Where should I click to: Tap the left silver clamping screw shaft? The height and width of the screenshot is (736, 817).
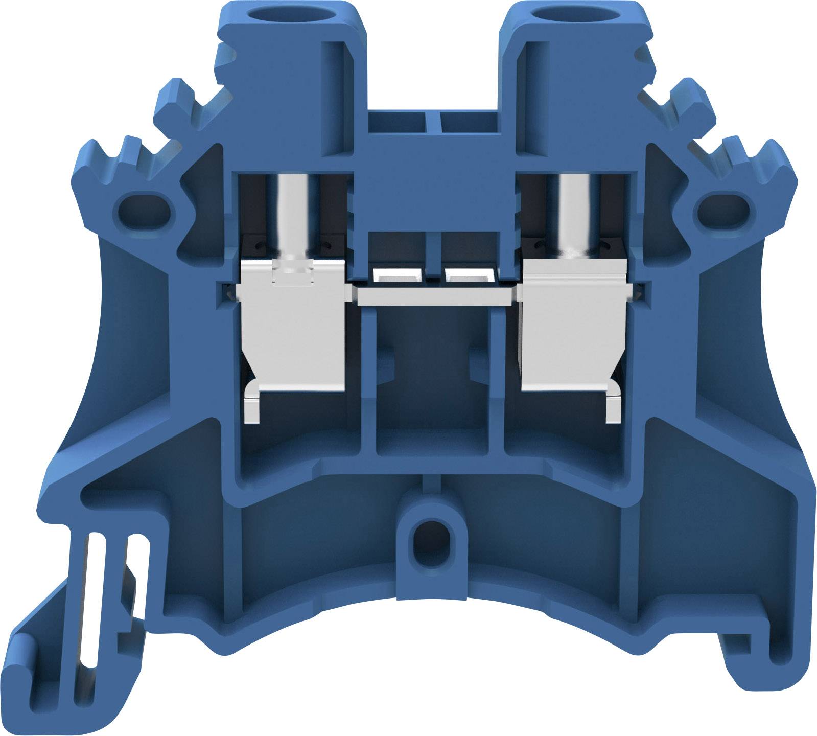293,215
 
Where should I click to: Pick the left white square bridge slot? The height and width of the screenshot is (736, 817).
398,275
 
